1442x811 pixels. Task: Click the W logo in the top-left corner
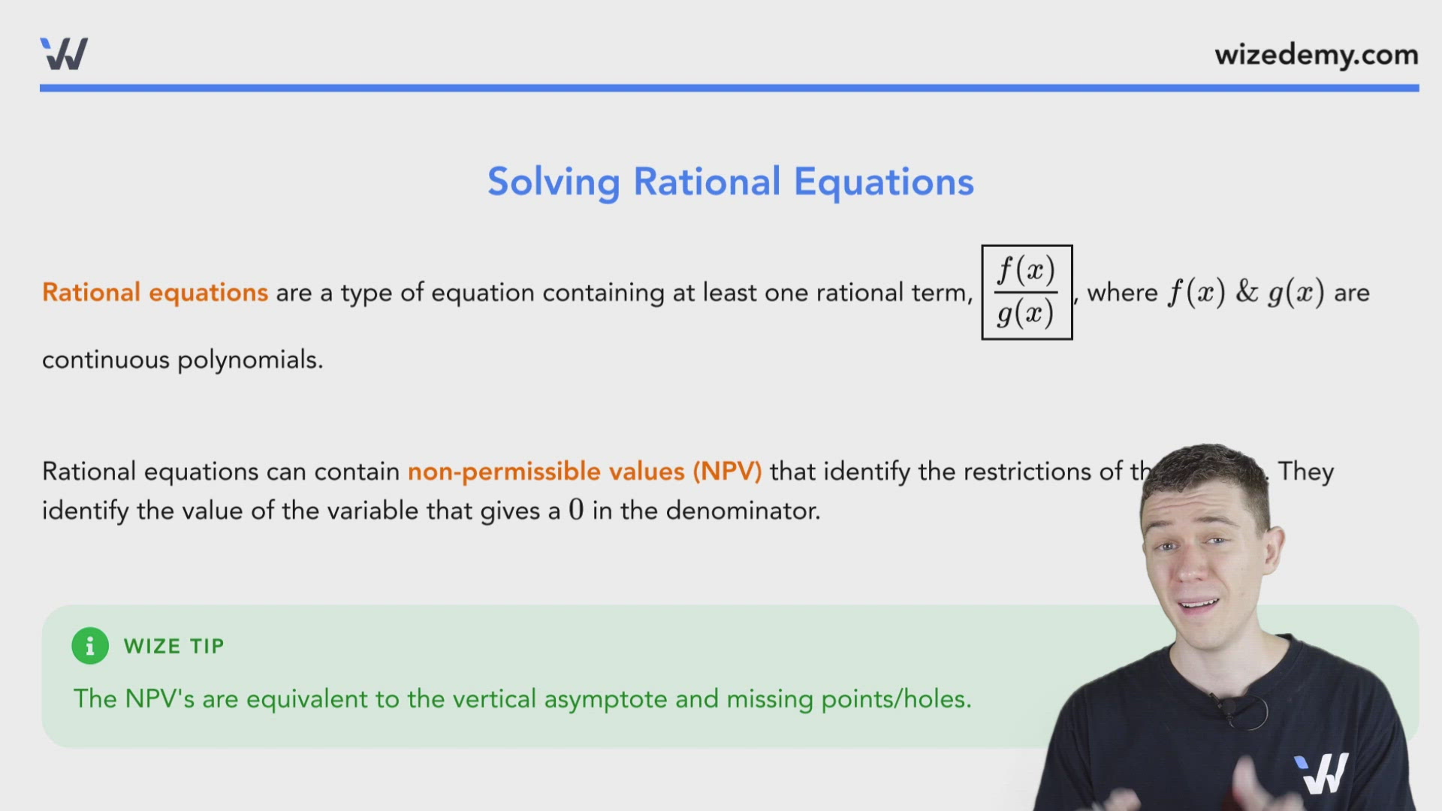coord(64,54)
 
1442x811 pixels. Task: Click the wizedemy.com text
coord(1316,55)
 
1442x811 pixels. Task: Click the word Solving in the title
coord(554,182)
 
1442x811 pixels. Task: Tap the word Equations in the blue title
coord(883,182)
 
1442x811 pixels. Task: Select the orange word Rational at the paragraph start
coord(91,292)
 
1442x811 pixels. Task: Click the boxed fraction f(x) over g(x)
coord(1027,292)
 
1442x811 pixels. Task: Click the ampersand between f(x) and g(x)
coord(1246,292)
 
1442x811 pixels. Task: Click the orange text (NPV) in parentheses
coord(727,472)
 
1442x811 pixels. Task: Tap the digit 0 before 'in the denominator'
coord(576,511)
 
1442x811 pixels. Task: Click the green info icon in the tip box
coord(90,646)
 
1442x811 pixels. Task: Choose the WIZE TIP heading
coord(173,647)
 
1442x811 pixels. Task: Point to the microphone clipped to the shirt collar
coord(1229,707)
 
